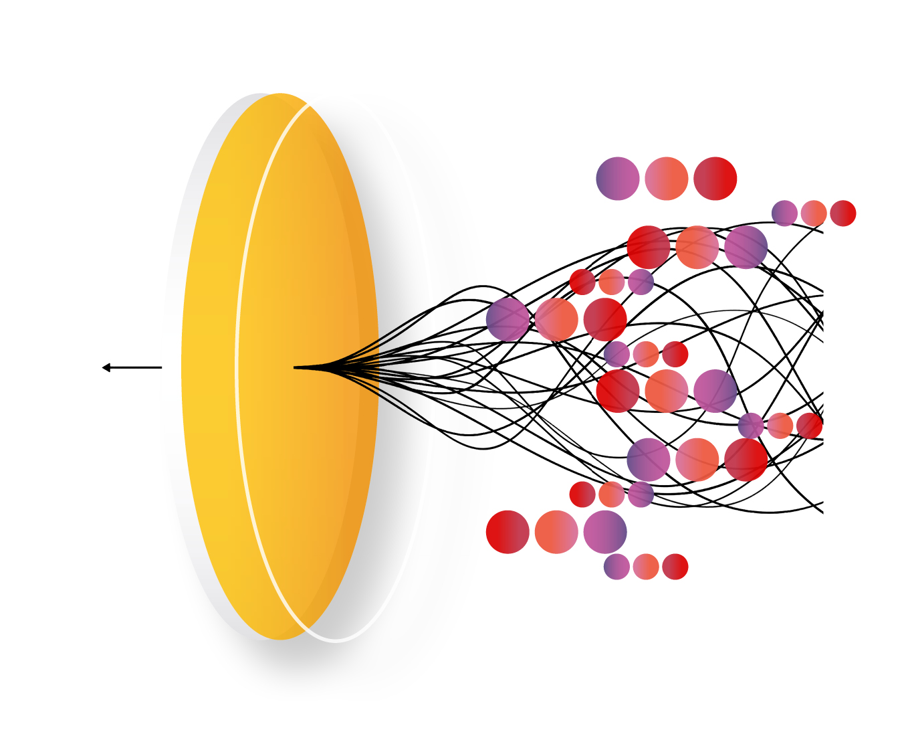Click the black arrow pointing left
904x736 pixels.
tap(131, 367)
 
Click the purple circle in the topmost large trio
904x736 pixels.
tap(617, 179)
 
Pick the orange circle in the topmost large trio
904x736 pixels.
tap(667, 179)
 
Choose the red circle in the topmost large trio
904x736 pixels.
tap(715, 179)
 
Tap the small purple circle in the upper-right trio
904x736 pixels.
tap(784, 213)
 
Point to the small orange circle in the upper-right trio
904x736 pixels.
tap(814, 213)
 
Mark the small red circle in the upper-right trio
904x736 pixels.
tap(843, 213)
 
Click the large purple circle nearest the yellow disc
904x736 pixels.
tap(507, 319)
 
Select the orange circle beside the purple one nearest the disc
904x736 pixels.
tap(556, 319)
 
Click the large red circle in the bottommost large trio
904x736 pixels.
tap(507, 532)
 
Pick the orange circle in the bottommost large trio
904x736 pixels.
tap(556, 532)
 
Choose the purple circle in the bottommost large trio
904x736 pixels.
tap(605, 532)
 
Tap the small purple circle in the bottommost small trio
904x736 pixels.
tap(616, 567)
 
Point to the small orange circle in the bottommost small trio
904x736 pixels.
tap(646, 567)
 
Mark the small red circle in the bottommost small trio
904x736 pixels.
tap(675, 567)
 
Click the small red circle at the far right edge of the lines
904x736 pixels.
tap(809, 426)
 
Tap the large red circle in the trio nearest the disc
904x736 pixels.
tap(605, 319)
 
